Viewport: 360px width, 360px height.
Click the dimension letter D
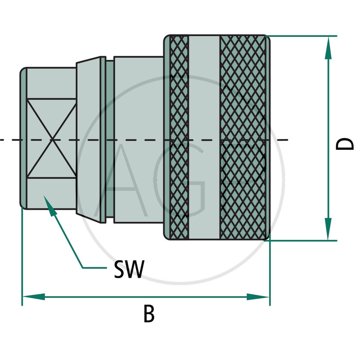point(346,144)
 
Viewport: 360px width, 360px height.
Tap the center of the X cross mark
point(52,139)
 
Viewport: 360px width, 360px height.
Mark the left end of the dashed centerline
point(2,140)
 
